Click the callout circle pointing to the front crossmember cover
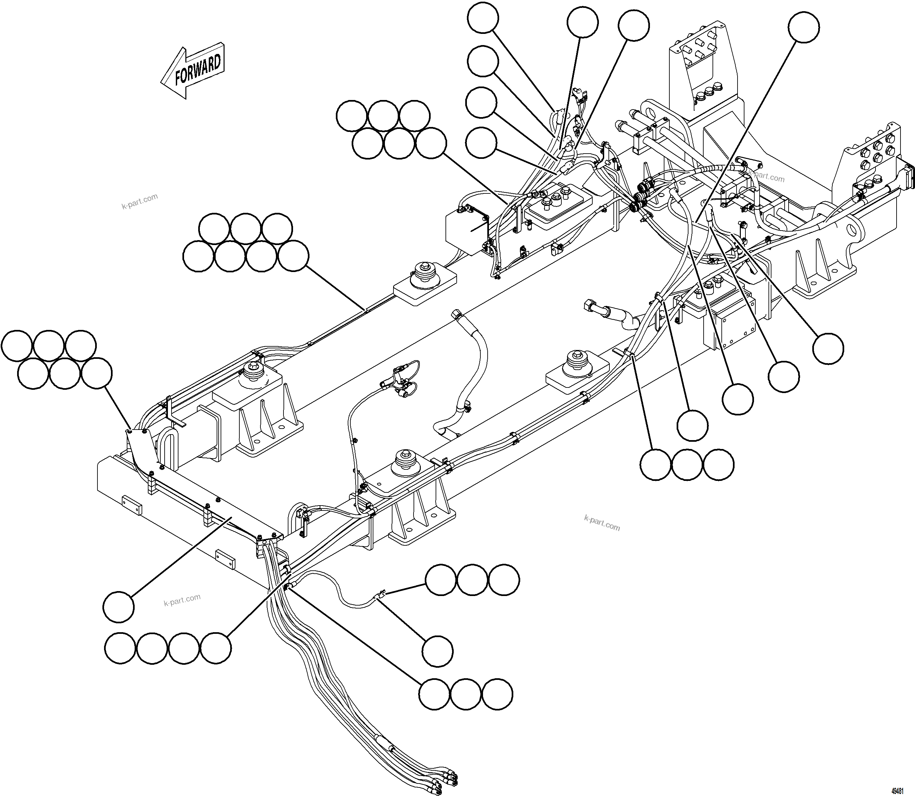(118, 606)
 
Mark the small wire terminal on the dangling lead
(381, 593)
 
